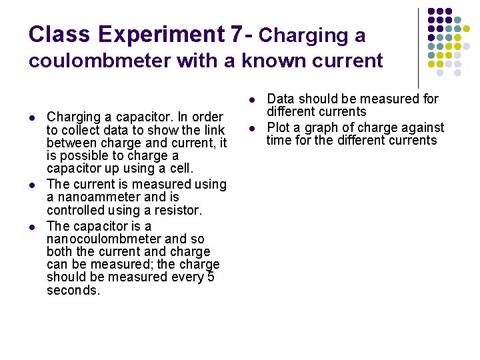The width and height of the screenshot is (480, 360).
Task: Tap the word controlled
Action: coord(76,211)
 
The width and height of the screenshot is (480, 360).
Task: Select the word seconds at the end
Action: coord(73,291)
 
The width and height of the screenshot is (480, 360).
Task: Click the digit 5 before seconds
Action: coord(210,277)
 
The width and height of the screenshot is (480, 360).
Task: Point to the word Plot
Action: coord(279,127)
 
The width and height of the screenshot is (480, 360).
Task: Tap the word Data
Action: coord(281,99)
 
